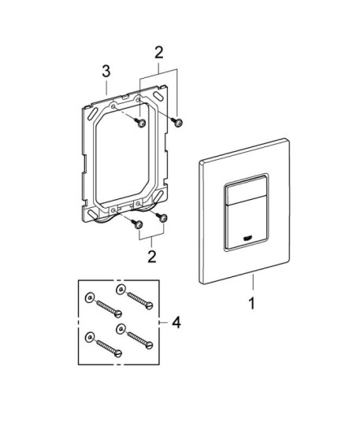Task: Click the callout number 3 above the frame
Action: [x=106, y=71]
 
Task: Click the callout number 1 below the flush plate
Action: [x=252, y=303]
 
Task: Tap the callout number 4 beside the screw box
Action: [x=176, y=322]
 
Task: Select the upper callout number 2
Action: [x=159, y=53]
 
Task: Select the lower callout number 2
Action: [x=152, y=257]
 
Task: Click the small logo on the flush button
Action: [x=246, y=238]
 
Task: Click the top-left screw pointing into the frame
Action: [x=140, y=122]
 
